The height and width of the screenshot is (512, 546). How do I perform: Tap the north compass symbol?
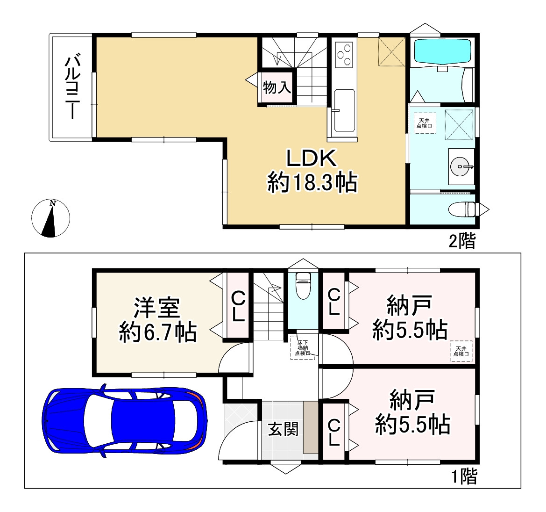click(50, 218)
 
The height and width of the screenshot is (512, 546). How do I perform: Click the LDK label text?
click(312, 159)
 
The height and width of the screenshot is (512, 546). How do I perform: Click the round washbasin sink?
click(461, 166)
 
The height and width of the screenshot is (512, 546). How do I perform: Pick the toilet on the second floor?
click(464, 209)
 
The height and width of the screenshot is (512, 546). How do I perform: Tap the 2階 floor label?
click(462, 241)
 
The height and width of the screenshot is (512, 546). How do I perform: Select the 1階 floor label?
click(464, 477)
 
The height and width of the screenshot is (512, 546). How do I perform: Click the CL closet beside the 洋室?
click(238, 306)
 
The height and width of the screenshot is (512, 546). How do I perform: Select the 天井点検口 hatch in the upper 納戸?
click(461, 351)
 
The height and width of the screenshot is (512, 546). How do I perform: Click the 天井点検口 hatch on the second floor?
click(425, 123)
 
